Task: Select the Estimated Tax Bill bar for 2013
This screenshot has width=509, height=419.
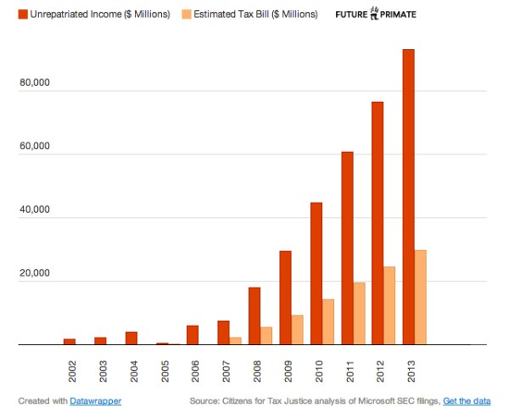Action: (421, 298)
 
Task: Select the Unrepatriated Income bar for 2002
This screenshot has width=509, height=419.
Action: (70, 342)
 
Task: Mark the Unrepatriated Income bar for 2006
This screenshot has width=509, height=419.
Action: (193, 335)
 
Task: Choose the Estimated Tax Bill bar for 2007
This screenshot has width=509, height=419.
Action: (236, 341)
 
